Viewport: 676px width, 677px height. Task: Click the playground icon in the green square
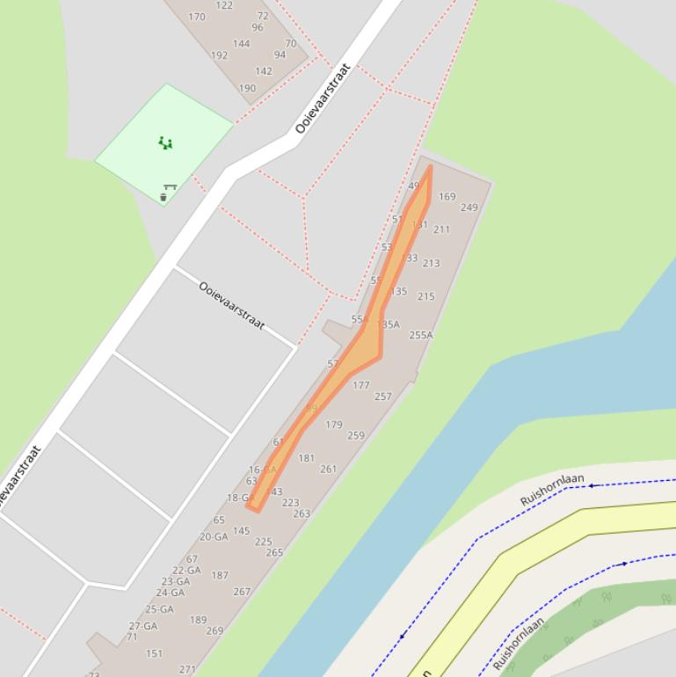tap(165, 142)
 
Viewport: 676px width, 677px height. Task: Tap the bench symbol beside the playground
tap(170, 186)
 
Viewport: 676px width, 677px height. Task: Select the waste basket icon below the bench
tap(164, 197)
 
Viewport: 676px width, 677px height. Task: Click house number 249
tap(469, 207)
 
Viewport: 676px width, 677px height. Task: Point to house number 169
tap(447, 197)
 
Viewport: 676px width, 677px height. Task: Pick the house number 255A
tap(421, 335)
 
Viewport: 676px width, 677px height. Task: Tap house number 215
tap(425, 296)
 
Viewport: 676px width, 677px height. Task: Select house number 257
tap(382, 397)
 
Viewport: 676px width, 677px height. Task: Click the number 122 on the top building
tap(224, 5)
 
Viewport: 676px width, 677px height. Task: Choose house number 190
tap(247, 88)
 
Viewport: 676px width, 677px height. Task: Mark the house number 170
tap(197, 17)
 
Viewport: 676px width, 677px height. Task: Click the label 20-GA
tap(214, 536)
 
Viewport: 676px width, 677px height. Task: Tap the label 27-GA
tap(143, 626)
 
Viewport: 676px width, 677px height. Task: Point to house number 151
tap(154, 653)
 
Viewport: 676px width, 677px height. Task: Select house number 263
tap(302, 513)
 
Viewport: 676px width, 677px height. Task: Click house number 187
tap(220, 575)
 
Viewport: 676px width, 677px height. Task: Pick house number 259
tap(355, 435)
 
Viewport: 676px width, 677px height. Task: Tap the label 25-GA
tap(159, 608)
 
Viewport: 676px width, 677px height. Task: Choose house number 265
tap(274, 552)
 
